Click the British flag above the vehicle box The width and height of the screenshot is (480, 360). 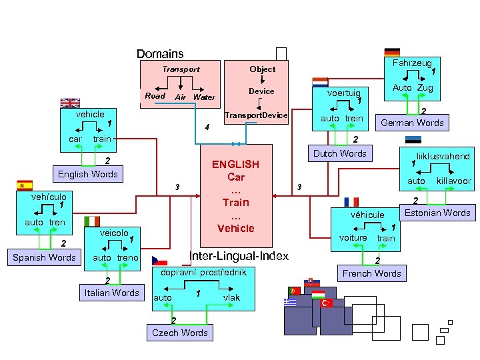point(70,103)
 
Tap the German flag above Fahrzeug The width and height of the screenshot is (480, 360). point(392,53)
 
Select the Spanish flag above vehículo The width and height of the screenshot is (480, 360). point(25,185)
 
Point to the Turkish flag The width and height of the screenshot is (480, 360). point(326,303)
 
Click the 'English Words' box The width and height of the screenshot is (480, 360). point(88,174)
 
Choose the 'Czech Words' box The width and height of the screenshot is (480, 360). point(180,333)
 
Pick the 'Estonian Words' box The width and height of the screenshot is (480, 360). point(437,213)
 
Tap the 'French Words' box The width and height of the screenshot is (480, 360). point(372,273)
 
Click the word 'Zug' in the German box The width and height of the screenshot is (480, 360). point(425,88)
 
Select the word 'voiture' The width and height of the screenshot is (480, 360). point(353,238)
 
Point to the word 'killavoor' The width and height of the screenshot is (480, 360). point(454,181)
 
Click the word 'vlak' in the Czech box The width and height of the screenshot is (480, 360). point(231,297)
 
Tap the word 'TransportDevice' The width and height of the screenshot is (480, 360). point(256,115)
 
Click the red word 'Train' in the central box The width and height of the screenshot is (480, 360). point(236,203)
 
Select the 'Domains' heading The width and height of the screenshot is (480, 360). point(160,54)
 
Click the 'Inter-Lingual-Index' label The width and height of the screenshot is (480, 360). point(239,256)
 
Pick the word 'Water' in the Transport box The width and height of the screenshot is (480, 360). point(204,97)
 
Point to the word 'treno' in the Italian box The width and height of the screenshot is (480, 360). point(127,258)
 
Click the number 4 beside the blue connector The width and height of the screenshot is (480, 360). point(207,127)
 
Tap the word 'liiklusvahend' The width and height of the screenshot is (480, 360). point(443,157)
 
